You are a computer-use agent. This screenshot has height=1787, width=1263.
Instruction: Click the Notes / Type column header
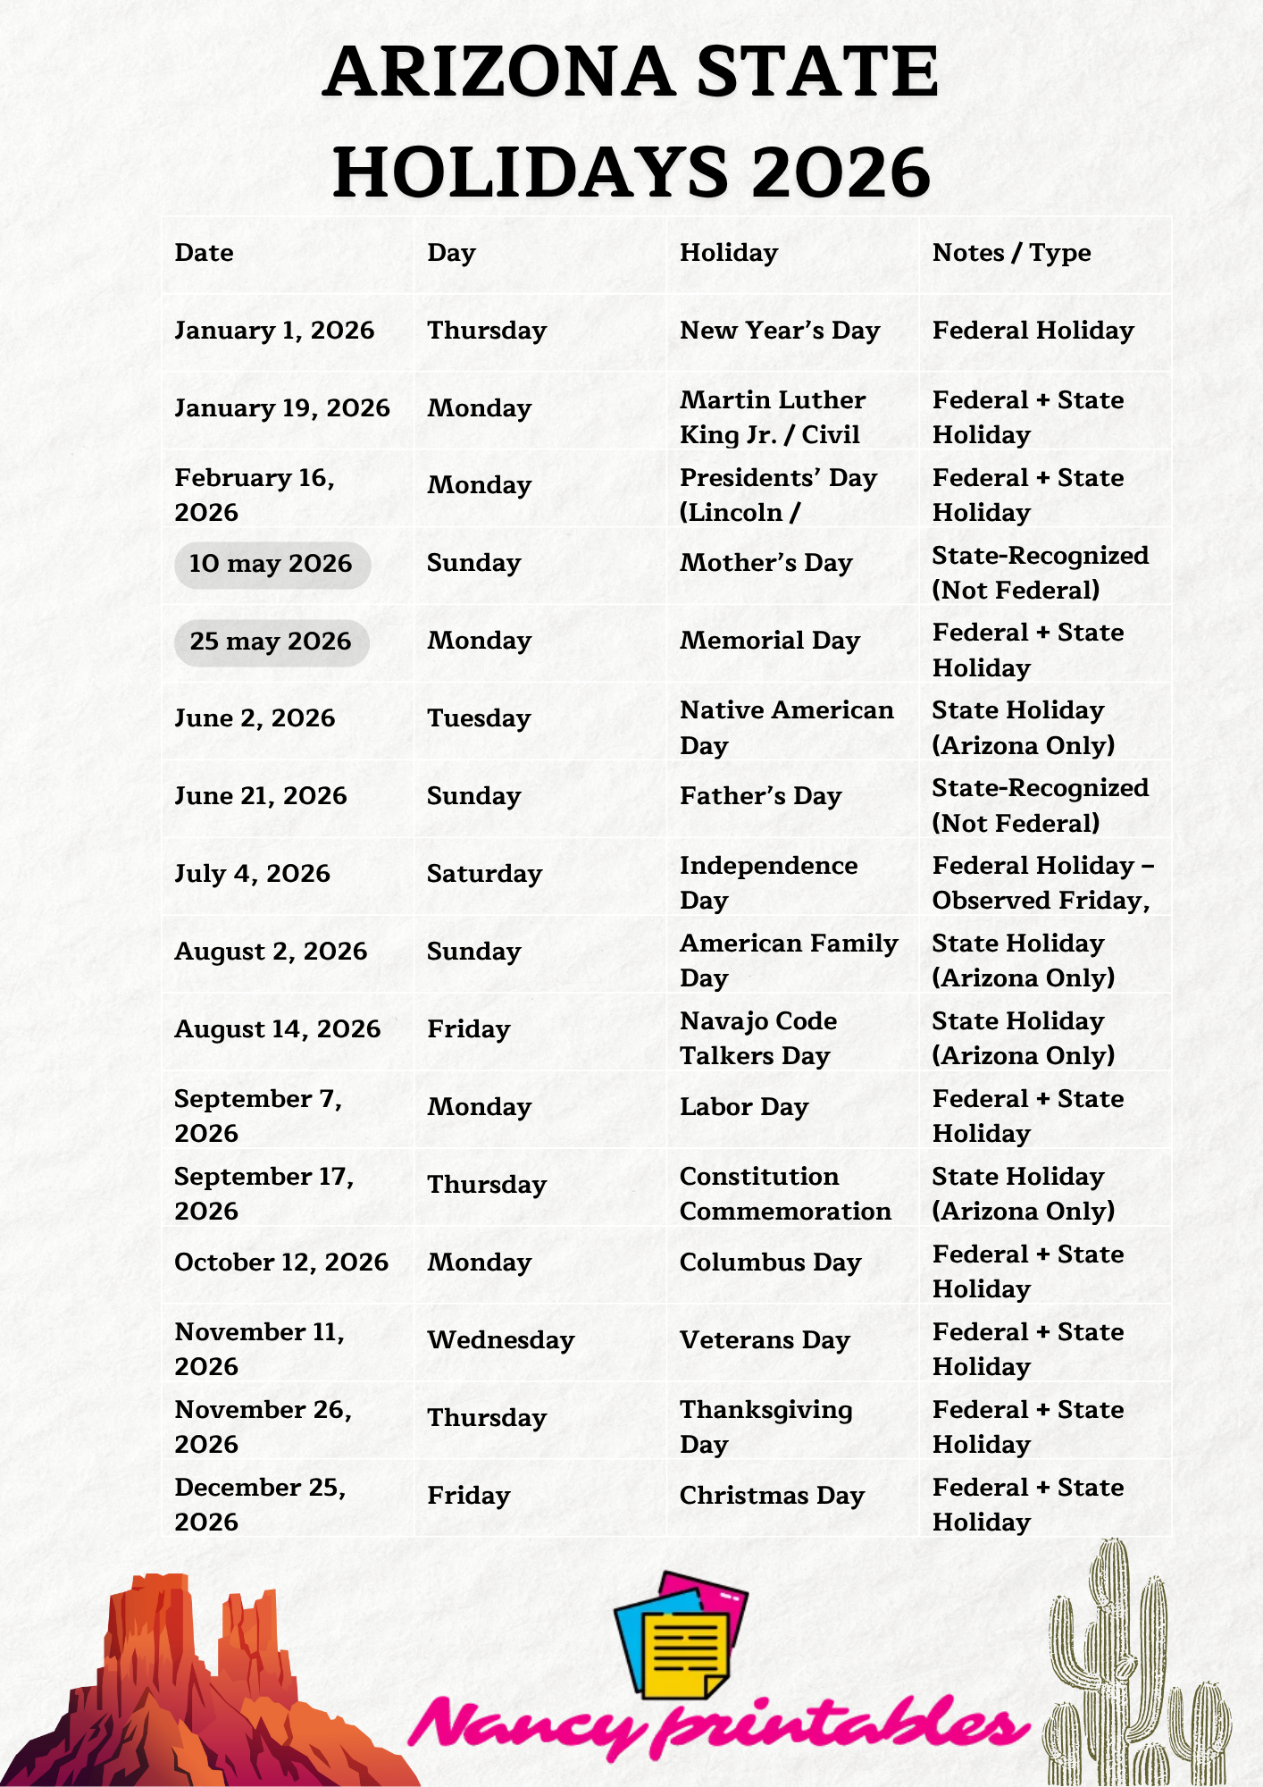pyautogui.click(x=1011, y=253)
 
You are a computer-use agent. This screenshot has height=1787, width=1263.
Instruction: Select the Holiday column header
pyautogui.click(x=729, y=253)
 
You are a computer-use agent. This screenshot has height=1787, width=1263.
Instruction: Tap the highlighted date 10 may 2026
pyautogui.click(x=272, y=564)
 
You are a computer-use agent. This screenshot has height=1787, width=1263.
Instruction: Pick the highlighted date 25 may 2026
pyautogui.click(x=272, y=642)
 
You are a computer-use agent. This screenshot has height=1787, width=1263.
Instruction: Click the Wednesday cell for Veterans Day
pyautogui.click(x=500, y=1340)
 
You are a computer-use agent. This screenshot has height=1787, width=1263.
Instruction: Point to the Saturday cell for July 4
pyautogui.click(x=484, y=874)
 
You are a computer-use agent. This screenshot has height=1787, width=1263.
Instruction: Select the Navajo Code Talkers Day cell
pyautogui.click(x=758, y=1038)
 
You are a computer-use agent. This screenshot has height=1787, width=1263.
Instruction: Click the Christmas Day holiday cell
pyautogui.click(x=772, y=1496)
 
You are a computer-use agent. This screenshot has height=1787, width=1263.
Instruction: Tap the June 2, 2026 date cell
pyautogui.click(x=255, y=718)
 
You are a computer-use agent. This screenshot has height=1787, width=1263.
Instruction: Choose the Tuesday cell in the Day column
pyautogui.click(x=479, y=718)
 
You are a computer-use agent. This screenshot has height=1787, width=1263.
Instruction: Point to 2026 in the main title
pyautogui.click(x=841, y=172)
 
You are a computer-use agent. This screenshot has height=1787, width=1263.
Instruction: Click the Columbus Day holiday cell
pyautogui.click(x=770, y=1263)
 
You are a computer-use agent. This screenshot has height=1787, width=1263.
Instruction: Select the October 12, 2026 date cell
pyautogui.click(x=281, y=1263)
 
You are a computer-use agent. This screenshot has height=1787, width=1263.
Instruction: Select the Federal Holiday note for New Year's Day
pyautogui.click(x=1033, y=331)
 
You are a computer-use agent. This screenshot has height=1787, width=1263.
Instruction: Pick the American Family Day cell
pyautogui.click(x=788, y=961)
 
